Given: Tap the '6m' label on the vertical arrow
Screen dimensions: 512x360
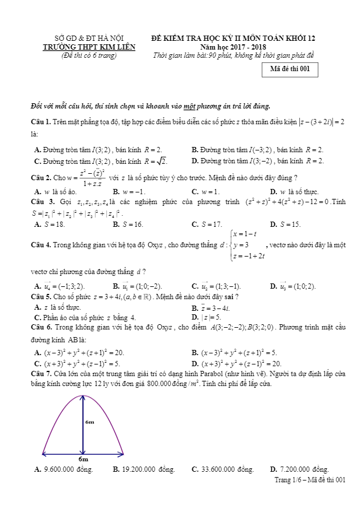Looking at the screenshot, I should [x=89, y=421].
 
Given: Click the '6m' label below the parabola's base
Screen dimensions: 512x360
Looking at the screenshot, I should [x=83, y=459].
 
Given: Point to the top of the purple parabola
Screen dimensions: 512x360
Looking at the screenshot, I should [x=83, y=396].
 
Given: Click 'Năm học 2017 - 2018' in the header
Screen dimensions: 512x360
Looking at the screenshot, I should [x=233, y=47].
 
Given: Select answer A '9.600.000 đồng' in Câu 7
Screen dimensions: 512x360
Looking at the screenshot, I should [x=64, y=469].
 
